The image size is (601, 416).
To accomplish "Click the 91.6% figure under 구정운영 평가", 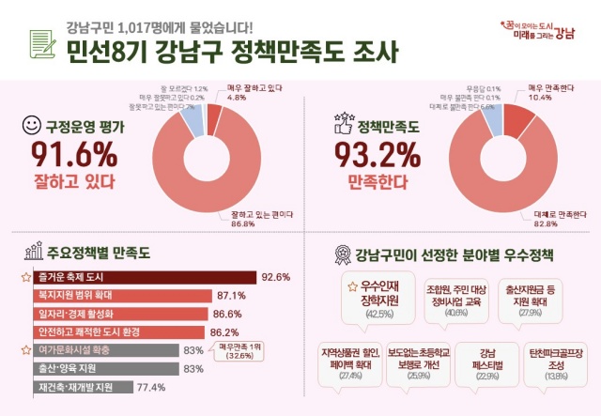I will [74, 151].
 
